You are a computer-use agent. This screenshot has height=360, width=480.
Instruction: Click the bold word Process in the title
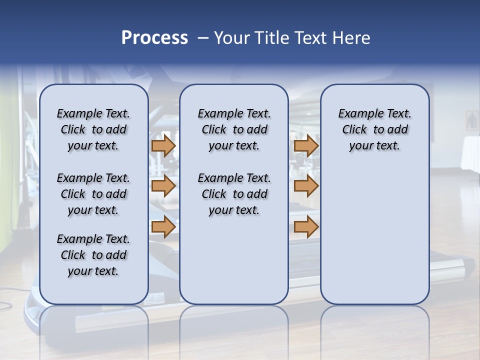point(154,38)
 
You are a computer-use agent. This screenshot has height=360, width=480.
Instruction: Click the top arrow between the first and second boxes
point(163,145)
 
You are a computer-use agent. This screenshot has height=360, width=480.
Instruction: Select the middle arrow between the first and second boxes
point(163,186)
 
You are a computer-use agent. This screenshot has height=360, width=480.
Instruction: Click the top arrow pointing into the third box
point(306,145)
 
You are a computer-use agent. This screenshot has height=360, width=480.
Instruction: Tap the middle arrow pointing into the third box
point(306,186)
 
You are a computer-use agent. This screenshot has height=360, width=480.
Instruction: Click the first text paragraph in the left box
point(93,129)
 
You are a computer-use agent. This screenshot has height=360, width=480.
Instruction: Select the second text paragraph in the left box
point(93,194)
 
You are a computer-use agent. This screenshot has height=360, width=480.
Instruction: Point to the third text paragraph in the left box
point(93,255)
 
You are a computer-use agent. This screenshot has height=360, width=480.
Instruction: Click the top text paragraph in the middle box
point(234,129)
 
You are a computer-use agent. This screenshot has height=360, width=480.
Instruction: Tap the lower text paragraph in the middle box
point(234,194)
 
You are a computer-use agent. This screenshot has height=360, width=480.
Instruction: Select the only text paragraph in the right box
point(374,129)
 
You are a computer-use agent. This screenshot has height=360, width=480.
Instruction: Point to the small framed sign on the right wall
point(471,120)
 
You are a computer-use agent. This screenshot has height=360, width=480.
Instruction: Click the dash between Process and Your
point(203,38)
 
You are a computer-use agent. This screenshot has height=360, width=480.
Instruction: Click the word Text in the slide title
point(309,38)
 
